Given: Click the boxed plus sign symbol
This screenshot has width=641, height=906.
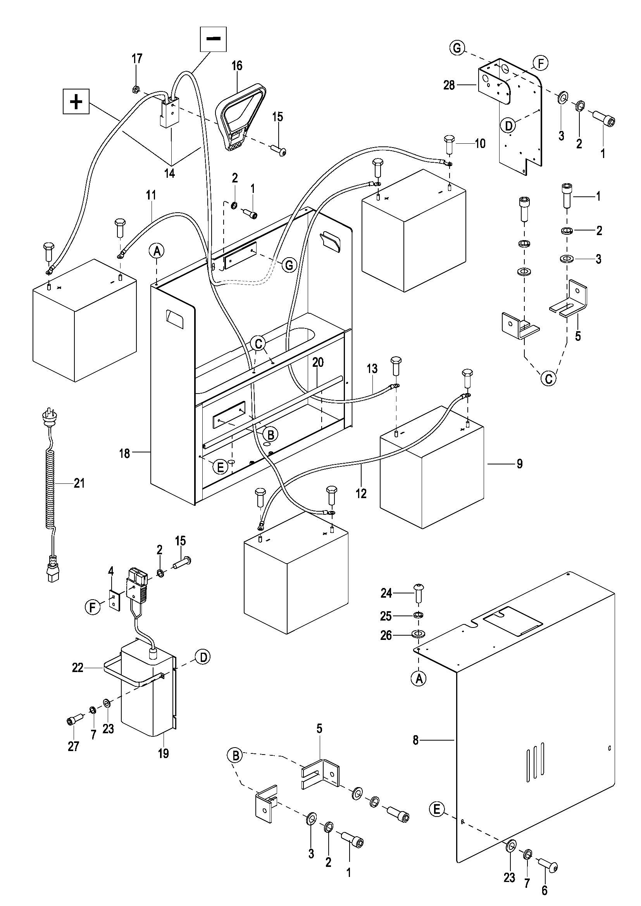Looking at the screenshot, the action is [76, 102].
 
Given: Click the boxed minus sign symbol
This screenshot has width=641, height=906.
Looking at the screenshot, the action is [214, 39].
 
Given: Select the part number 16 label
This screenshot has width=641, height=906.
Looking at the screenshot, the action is [237, 65].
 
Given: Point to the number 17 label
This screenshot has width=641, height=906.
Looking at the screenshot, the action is [137, 59].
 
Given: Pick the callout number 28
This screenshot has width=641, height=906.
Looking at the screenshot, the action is [449, 85].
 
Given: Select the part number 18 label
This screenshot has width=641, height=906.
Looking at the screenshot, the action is [124, 454].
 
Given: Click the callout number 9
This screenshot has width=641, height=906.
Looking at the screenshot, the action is [519, 464].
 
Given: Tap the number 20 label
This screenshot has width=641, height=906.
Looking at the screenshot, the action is [318, 362].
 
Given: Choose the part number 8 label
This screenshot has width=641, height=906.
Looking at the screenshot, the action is [415, 740].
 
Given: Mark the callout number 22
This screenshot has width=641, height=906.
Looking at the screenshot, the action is [78, 667].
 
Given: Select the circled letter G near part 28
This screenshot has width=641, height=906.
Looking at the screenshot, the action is [457, 48].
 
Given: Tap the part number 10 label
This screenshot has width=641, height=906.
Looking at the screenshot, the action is [480, 143].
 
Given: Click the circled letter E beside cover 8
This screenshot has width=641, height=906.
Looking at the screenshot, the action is [436, 809].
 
